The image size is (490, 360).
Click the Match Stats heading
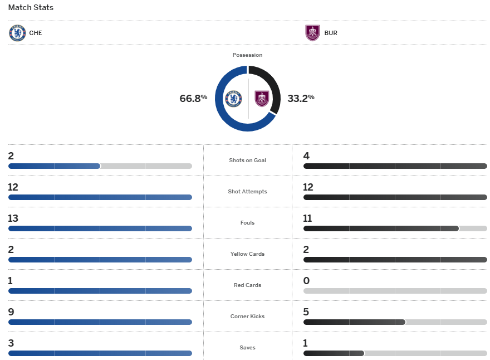pyautogui.click(x=31, y=8)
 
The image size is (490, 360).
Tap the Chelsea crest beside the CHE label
pyautogui.click(x=17, y=33)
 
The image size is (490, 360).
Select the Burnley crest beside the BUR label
pyautogui.click(x=312, y=33)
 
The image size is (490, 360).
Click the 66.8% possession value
pyautogui.click(x=193, y=98)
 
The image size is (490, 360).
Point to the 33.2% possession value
pyautogui.click(x=301, y=98)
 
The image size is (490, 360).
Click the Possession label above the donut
pyautogui.click(x=247, y=55)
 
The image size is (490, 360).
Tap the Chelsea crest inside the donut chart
pyautogui.click(x=233, y=99)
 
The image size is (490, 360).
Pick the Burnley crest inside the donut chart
pyautogui.click(x=262, y=99)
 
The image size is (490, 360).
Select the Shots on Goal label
pyautogui.click(x=247, y=160)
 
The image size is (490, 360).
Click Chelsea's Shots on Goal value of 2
pyautogui.click(x=11, y=155)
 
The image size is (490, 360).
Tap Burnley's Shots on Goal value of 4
pyautogui.click(x=306, y=155)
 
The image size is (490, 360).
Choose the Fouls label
pyautogui.click(x=247, y=223)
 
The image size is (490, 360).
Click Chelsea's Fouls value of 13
pyautogui.click(x=13, y=218)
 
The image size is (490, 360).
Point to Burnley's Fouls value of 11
pyautogui.click(x=308, y=218)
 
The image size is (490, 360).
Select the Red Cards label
pyautogui.click(x=247, y=285)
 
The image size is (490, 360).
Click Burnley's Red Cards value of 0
pyautogui.click(x=306, y=280)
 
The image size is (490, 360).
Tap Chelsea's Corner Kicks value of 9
pyautogui.click(x=11, y=312)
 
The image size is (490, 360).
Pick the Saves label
pyautogui.click(x=247, y=348)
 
